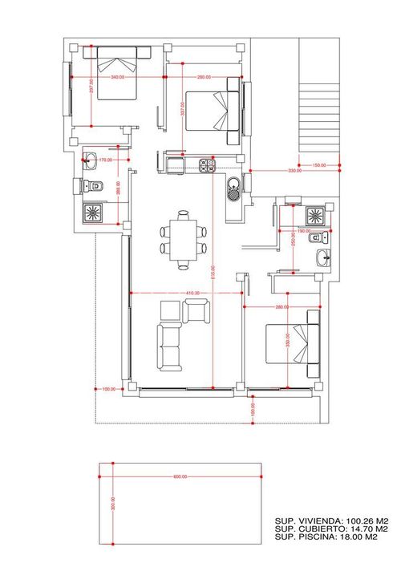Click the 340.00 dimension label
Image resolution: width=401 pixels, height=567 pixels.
[118, 77]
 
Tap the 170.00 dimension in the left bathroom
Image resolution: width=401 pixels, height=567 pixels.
[104, 160]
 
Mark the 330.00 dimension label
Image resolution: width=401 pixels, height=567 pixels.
[294, 171]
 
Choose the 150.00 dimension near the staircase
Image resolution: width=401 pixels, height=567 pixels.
[320, 165]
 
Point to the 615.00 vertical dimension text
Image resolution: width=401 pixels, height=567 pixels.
[213, 273]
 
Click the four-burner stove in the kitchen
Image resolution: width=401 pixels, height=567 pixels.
[206, 165]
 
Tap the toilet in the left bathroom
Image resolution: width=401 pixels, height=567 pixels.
[94, 186]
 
